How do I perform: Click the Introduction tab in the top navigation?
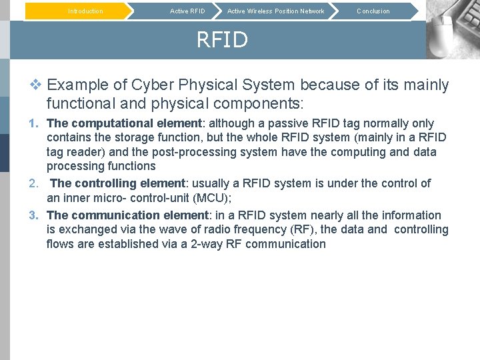pyautogui.click(x=85, y=11)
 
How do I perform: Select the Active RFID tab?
pyautogui.click(x=187, y=11)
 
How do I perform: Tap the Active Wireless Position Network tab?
pyautogui.click(x=275, y=11)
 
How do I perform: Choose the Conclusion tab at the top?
pyautogui.click(x=373, y=11)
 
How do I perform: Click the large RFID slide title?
pyautogui.click(x=221, y=40)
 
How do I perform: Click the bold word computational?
pyautogui.click(x=112, y=123)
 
